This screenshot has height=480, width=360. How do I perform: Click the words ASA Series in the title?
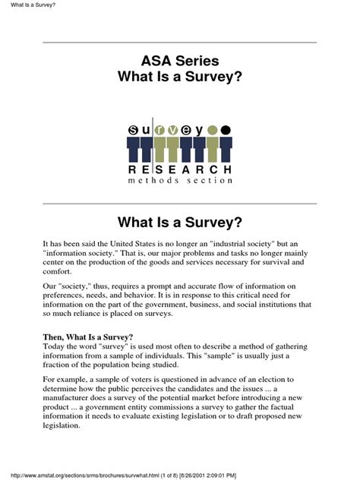pyautogui.click(x=180, y=61)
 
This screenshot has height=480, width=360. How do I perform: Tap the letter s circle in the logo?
pyautogui.click(x=133, y=130)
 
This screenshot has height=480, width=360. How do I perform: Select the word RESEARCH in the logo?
pyautogui.click(x=179, y=168)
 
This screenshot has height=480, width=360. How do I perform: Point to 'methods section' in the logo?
pyautogui.click(x=179, y=181)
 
